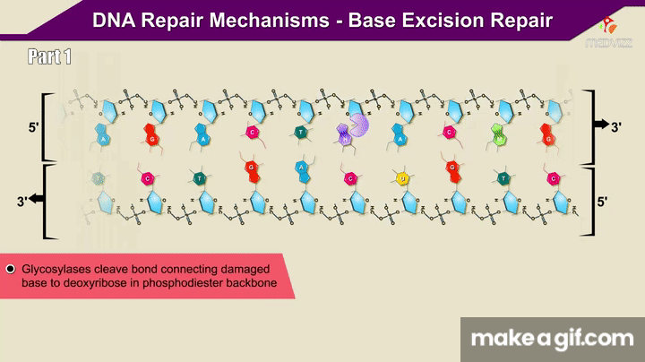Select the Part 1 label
[x=49, y=58]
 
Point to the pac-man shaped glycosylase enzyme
[x=359, y=126]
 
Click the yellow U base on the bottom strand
[x=402, y=178]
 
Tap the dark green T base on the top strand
[x=300, y=134]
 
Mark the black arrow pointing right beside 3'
[x=598, y=126]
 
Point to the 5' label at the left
[x=34, y=128]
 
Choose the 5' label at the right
[x=604, y=203]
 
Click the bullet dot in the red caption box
[x=11, y=269]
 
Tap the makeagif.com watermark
[x=553, y=340]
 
